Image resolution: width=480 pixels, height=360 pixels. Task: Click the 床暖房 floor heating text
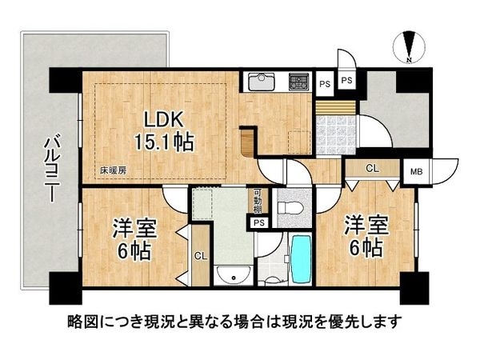coord(114,170)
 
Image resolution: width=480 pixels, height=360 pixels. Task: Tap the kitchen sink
coord(261,82)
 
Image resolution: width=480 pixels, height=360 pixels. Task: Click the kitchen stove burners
coord(300,81)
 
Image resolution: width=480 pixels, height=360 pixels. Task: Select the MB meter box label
coord(417,171)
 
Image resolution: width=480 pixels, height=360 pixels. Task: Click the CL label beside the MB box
coord(372,170)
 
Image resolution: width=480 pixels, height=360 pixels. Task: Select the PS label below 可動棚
coord(258,223)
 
